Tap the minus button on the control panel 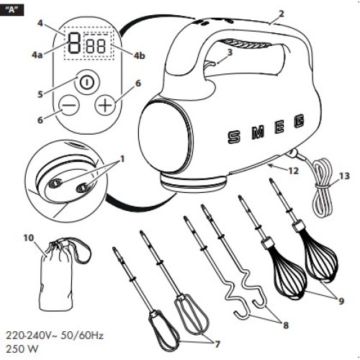coord(69,105)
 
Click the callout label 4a coord(37,55)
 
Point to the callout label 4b coord(140,55)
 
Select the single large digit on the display coord(74,43)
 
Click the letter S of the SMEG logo coord(233,137)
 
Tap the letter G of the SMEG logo coord(300,120)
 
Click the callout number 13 coord(344,176)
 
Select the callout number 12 coord(293,171)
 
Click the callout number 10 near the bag coord(29,238)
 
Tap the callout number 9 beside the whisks coord(341,301)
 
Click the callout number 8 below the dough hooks coord(286,325)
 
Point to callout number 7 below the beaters coord(217,344)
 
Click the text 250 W coord(22,348)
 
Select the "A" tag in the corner coord(12,10)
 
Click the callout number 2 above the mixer coord(281,14)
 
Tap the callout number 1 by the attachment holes coord(122,159)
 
